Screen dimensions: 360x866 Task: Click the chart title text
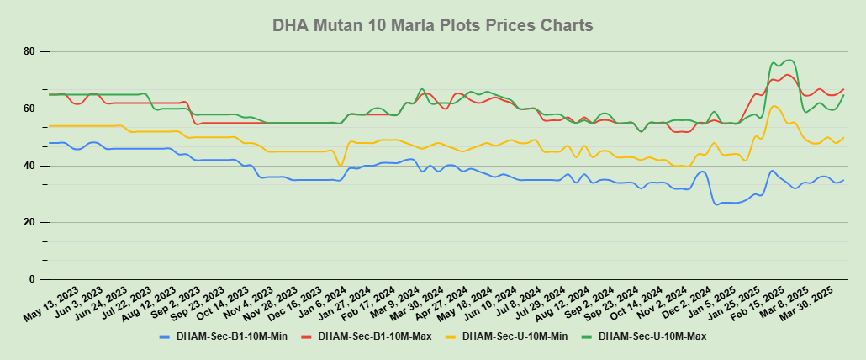click(x=433, y=25)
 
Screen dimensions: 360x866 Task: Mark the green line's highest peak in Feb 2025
click(x=789, y=61)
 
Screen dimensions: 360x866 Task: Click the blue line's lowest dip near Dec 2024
click(x=716, y=204)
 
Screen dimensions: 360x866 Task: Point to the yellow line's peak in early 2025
click(x=774, y=106)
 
